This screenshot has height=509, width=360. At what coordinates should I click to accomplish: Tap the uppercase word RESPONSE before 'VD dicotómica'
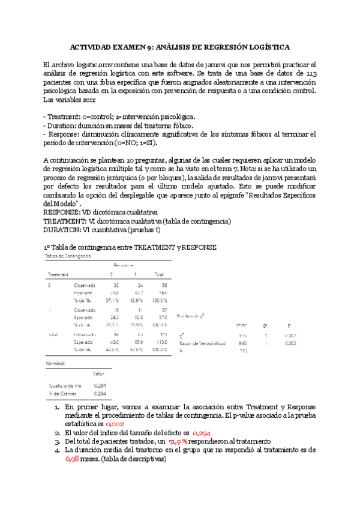click(x=65, y=212)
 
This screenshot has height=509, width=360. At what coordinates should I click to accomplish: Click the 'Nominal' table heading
click(x=55, y=364)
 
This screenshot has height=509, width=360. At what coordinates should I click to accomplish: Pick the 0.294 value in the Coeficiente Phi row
click(x=101, y=385)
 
